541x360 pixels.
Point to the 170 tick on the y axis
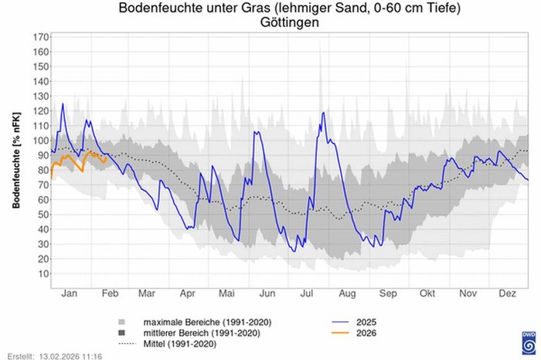pos(41,36)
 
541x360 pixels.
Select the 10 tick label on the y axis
pos(43,273)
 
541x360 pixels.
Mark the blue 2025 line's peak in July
pos(322,113)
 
